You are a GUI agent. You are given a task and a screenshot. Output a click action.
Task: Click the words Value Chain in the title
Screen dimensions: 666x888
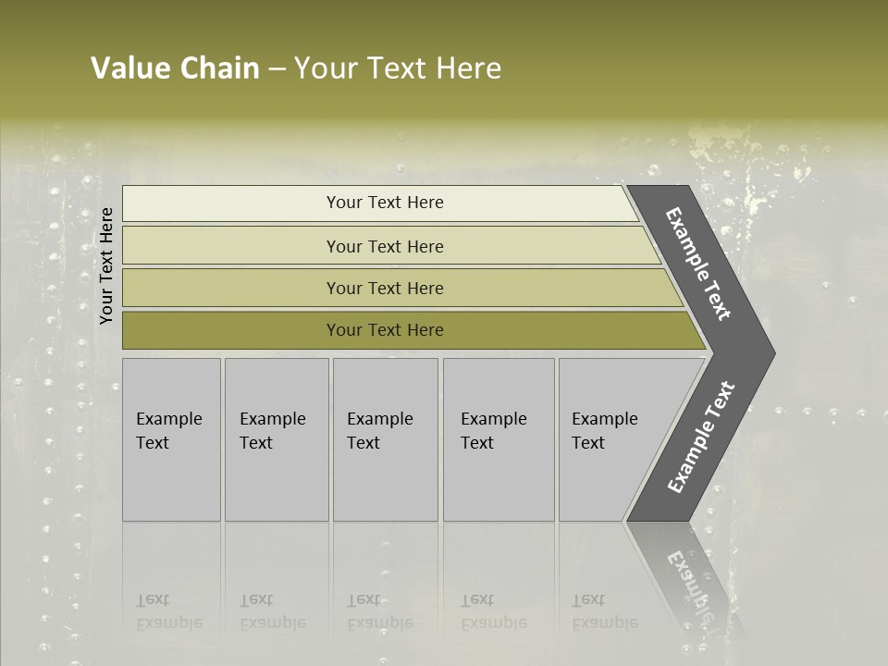pos(175,68)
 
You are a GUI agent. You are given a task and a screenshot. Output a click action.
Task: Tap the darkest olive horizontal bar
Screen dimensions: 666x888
pos(231,330)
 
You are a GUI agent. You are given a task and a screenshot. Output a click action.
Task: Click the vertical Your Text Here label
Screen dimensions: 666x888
pos(106,265)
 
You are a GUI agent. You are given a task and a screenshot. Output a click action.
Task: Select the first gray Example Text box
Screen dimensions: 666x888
pos(171,481)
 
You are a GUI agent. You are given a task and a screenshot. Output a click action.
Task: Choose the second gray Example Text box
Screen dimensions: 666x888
pos(277,481)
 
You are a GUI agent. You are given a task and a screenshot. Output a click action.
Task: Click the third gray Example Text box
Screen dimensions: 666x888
pos(385,481)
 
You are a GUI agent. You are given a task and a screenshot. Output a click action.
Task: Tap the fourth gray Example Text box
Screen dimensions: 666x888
pos(499,481)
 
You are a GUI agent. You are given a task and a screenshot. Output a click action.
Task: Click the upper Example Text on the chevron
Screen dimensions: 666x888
pos(698,264)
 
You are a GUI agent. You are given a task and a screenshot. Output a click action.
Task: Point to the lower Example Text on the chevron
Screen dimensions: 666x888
pos(700,438)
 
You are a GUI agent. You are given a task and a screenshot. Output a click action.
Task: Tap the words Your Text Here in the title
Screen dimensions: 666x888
pos(398,68)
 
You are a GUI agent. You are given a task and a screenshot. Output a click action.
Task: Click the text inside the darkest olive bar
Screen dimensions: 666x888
pos(385,330)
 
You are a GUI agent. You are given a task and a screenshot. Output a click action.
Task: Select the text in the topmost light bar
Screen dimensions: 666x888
pos(385,203)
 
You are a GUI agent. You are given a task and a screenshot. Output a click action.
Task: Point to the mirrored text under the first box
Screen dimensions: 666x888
pos(168,611)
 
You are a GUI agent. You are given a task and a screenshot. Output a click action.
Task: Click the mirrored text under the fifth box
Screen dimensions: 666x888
pos(604,611)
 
